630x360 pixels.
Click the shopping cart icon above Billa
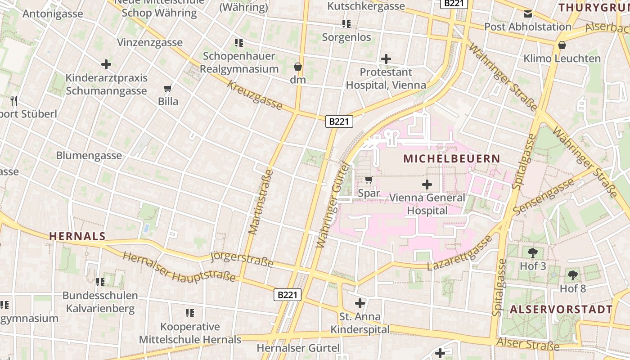coord(168,88)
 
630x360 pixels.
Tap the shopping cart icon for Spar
coord(369,180)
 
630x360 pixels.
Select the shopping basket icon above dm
coord(297,67)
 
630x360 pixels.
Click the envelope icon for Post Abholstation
coord(527,13)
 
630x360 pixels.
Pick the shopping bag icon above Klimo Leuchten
coord(562,45)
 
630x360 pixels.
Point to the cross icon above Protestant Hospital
coord(386,58)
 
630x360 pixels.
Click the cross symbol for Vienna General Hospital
coord(427,184)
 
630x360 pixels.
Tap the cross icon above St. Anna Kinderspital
coord(360,303)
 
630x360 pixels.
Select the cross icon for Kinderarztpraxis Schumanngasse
coord(106,64)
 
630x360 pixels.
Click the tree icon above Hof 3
coord(533,252)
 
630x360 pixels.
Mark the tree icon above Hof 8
coord(572,275)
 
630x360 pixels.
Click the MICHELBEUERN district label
coord(452,158)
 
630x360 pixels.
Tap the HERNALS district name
coord(77,236)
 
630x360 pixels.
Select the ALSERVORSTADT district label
coord(561,309)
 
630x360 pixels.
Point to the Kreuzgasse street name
coord(255,95)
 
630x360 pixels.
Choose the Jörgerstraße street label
coord(242,259)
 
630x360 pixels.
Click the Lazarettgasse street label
coord(459,253)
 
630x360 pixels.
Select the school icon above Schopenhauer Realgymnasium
coord(239,43)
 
